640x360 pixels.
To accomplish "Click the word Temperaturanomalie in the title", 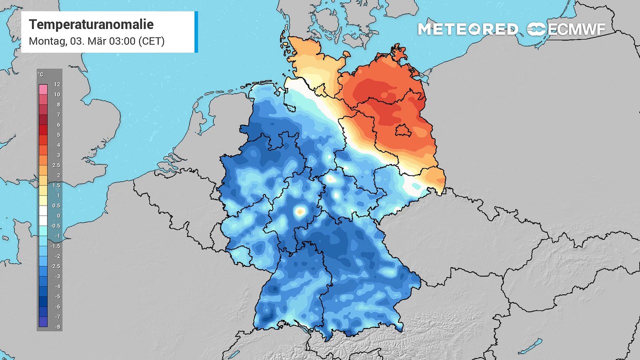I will click(91, 24).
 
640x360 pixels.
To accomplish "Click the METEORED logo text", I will click(467, 29).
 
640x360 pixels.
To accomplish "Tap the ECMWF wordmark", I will click(576, 29).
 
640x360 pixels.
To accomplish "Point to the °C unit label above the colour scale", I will click(41, 75).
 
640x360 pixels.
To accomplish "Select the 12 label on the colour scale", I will click(57, 84).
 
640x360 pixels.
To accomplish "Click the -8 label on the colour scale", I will click(57, 326).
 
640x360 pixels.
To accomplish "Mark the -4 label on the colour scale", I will click(57, 286).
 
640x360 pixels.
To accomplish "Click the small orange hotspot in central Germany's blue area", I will click(300, 212).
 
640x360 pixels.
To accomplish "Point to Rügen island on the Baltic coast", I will click(400, 52).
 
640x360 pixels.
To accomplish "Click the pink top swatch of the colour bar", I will click(43, 89).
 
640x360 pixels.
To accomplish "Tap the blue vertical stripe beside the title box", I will click(196, 31).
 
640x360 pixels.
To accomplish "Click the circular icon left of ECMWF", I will click(536, 29).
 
